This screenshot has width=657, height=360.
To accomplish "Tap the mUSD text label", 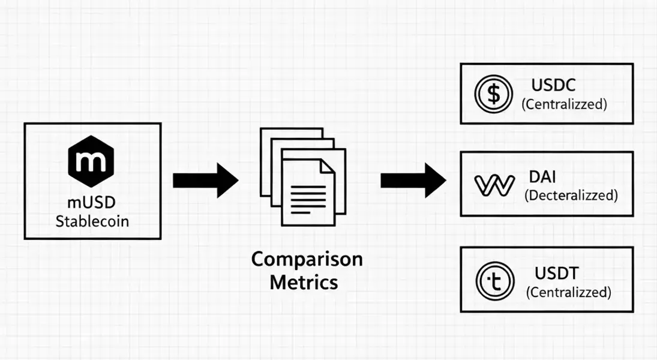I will (x=92, y=202).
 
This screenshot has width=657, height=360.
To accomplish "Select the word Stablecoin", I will (x=92, y=221).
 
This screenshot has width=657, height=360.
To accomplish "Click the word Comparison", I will (x=307, y=260).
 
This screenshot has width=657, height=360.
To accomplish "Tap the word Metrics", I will (x=304, y=281).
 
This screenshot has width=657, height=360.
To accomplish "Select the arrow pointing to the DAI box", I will (x=413, y=180).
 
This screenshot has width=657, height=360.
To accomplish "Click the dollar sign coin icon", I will (x=494, y=94).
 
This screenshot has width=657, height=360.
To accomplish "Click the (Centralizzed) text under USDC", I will (x=564, y=104).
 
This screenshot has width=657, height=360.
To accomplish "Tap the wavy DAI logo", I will (x=494, y=185).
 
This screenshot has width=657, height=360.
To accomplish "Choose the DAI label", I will (x=543, y=177).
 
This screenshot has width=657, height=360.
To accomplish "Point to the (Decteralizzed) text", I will (x=571, y=195).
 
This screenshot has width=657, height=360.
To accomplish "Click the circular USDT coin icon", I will (x=494, y=280).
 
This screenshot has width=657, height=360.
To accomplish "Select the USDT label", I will (x=556, y=274).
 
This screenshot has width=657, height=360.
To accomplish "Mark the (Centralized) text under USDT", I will (x=568, y=292).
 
